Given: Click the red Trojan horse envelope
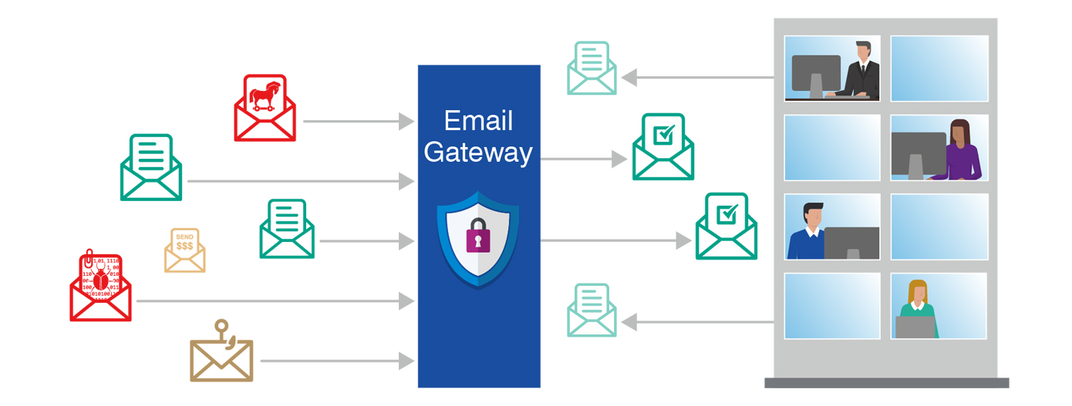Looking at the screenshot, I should pyautogui.click(x=265, y=108).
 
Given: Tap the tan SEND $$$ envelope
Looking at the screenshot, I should pyautogui.click(x=184, y=250).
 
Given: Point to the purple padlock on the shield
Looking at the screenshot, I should pyautogui.click(x=478, y=237).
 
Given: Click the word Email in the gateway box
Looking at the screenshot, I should pyautogui.click(x=478, y=121).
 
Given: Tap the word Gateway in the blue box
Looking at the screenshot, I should pyautogui.click(x=478, y=152).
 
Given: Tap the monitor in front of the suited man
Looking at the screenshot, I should pyautogui.click(x=816, y=74).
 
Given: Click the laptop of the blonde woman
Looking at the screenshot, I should pyautogui.click(x=915, y=327).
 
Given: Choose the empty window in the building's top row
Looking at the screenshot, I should pyautogui.click(x=939, y=68).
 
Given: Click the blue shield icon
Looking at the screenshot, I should pyautogui.click(x=478, y=239).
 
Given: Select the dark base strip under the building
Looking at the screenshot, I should pyautogui.click(x=886, y=383).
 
